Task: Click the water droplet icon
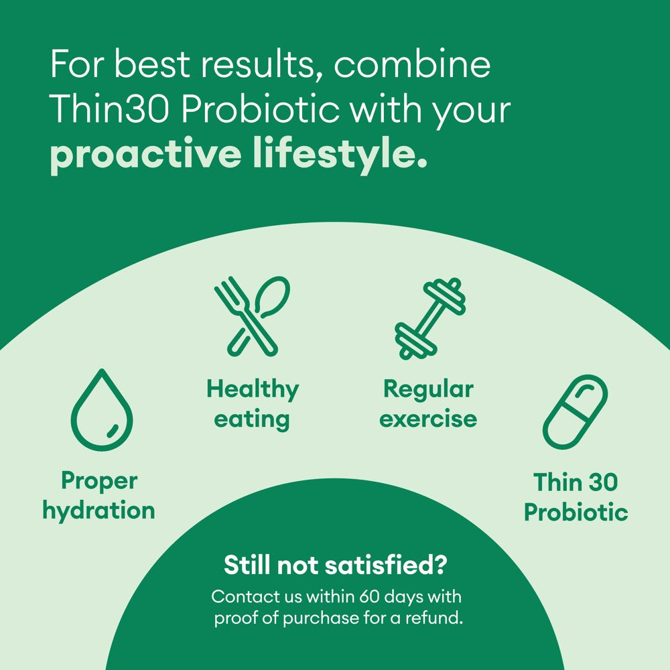click(102, 410)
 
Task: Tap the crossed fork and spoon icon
click(252, 315)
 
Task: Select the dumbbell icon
click(429, 318)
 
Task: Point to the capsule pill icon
click(575, 411)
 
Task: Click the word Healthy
click(252, 389)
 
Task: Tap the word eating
click(252, 419)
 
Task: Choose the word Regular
click(428, 389)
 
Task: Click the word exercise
click(428, 419)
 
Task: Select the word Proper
click(99, 480)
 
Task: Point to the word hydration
click(99, 511)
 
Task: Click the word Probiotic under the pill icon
click(576, 513)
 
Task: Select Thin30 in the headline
click(111, 109)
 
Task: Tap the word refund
click(435, 617)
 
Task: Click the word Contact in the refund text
click(241, 596)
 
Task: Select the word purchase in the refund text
click(320, 618)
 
